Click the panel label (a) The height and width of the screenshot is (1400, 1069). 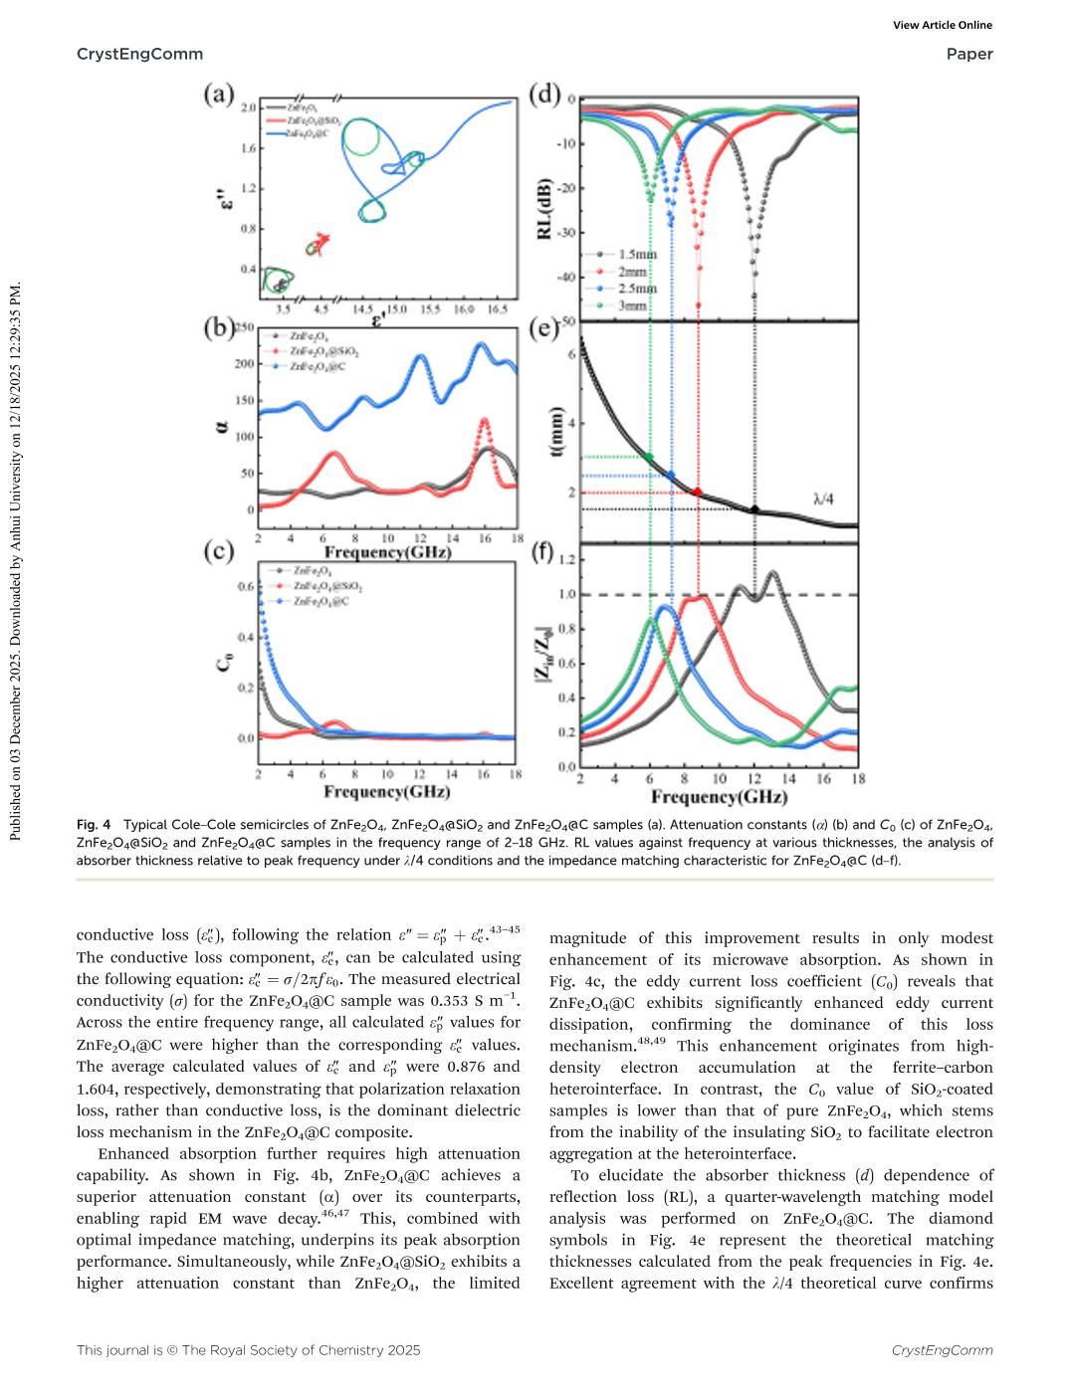(x=219, y=95)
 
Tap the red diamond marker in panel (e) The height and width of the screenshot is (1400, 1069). (x=697, y=492)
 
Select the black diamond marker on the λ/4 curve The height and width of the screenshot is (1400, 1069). (x=754, y=509)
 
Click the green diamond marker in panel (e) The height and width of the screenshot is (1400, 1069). (x=650, y=457)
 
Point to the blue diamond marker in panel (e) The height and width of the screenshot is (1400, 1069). (x=671, y=476)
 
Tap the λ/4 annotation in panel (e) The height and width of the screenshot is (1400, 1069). (x=822, y=492)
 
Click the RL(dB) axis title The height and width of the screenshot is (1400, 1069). (x=544, y=210)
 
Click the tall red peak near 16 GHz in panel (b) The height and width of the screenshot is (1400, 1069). (x=485, y=421)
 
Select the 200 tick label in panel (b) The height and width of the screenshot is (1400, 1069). (x=245, y=363)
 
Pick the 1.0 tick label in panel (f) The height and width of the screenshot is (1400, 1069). (x=567, y=594)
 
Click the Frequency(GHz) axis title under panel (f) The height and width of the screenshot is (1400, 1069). (x=719, y=797)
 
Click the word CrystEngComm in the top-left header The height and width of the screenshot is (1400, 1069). (x=139, y=54)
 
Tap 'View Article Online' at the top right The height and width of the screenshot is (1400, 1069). (x=943, y=25)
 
